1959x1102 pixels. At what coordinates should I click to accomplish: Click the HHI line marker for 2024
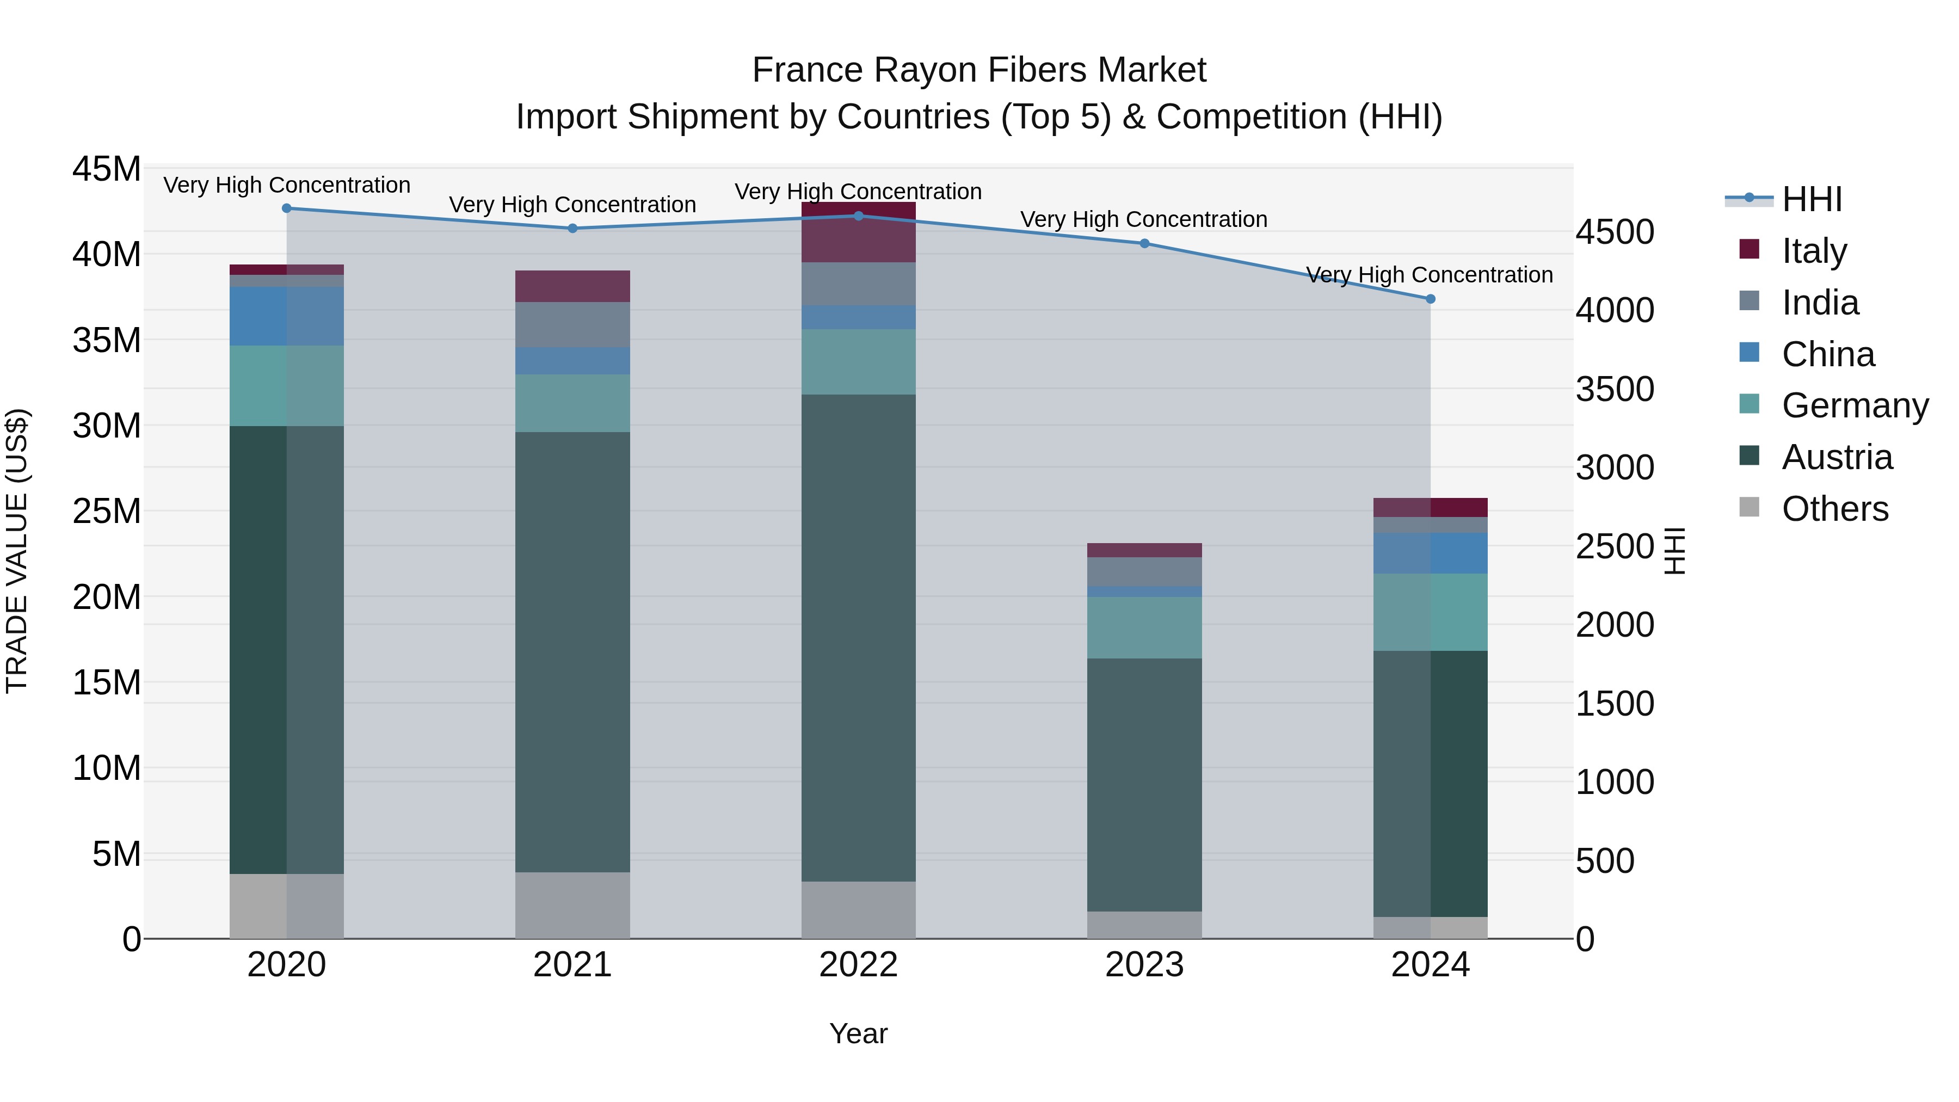pyautogui.click(x=1430, y=299)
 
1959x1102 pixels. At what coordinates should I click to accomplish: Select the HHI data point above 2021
pyautogui.click(x=572, y=228)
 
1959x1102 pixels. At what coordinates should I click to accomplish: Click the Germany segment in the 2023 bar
pyautogui.click(x=1144, y=627)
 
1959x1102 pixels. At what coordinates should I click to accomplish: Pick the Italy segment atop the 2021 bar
pyautogui.click(x=572, y=286)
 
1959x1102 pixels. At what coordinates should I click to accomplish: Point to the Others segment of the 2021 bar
pyautogui.click(x=572, y=905)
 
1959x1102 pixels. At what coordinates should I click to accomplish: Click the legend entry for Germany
pyautogui.click(x=1855, y=405)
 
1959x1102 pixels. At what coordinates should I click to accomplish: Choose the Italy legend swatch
pyautogui.click(x=1749, y=249)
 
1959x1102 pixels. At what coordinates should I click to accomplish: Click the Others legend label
pyautogui.click(x=1834, y=509)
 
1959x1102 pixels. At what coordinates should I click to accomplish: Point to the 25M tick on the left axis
pyautogui.click(x=107, y=511)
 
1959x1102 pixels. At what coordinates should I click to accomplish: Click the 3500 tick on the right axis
pyautogui.click(x=1614, y=390)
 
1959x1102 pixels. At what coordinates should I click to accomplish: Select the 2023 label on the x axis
pyautogui.click(x=1144, y=965)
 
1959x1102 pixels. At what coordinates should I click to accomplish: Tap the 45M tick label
pyautogui.click(x=107, y=169)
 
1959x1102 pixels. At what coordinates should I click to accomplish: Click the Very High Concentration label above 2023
pyautogui.click(x=1144, y=219)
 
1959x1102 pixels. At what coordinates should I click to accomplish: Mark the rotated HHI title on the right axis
pyautogui.click(x=1674, y=551)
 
